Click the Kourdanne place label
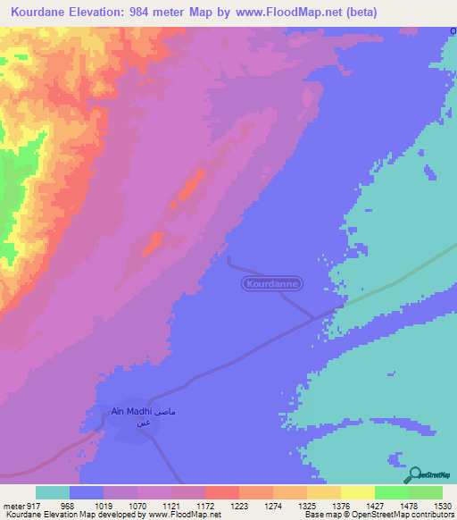tap(272, 283)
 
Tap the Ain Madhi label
tap(134, 412)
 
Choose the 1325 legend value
tap(306, 505)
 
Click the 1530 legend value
tap(443, 505)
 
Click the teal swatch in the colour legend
tap(53, 492)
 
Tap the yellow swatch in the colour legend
tap(357, 492)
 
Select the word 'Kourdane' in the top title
tap(37, 13)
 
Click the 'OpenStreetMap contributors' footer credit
tap(410, 515)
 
